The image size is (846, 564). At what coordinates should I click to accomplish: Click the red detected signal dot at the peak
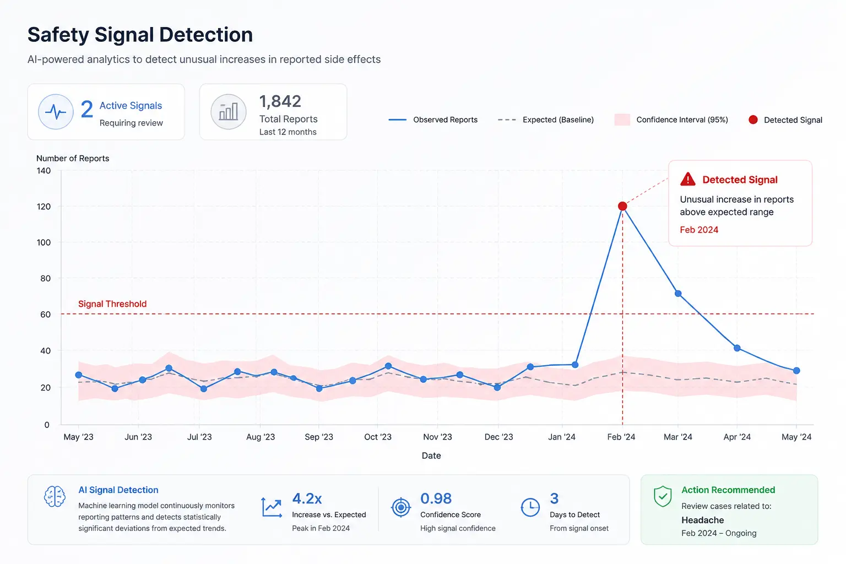click(622, 206)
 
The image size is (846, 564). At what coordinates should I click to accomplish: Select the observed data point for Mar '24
click(678, 294)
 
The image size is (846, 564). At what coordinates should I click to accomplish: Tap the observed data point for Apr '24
click(737, 348)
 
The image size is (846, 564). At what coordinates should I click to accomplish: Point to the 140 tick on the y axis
click(44, 171)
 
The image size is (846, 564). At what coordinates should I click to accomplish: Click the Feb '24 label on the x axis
click(621, 437)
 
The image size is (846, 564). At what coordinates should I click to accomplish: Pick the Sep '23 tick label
click(319, 437)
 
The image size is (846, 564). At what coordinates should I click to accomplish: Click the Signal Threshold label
click(112, 303)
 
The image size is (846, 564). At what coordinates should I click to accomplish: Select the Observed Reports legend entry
click(433, 120)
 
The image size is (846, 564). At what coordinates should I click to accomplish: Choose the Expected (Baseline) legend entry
click(546, 120)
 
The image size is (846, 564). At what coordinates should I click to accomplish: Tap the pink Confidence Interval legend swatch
click(622, 120)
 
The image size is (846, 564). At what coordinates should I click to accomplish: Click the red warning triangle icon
click(688, 179)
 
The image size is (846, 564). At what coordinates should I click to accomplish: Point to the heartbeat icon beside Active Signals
click(56, 112)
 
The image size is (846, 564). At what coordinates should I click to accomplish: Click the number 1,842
click(280, 101)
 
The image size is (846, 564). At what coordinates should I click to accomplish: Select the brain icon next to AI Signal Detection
click(55, 496)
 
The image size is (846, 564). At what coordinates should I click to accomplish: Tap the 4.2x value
click(307, 498)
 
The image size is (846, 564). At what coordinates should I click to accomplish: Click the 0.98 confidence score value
click(436, 498)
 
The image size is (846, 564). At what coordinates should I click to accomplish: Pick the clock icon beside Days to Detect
click(530, 507)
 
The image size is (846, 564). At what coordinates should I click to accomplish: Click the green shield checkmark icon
click(663, 496)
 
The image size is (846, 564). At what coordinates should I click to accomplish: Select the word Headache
click(702, 520)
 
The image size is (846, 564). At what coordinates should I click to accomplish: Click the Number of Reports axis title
click(73, 158)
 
